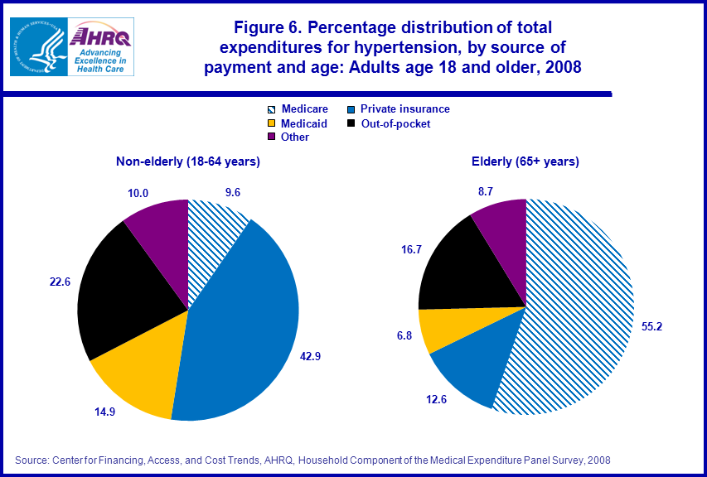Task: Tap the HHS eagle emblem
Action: (x=37, y=46)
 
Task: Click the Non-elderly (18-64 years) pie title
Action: (x=188, y=161)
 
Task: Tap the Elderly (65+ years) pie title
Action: (x=525, y=161)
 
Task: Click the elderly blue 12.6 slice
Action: (x=468, y=364)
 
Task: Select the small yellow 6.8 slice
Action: (x=438, y=329)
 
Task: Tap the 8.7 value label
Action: (x=485, y=190)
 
